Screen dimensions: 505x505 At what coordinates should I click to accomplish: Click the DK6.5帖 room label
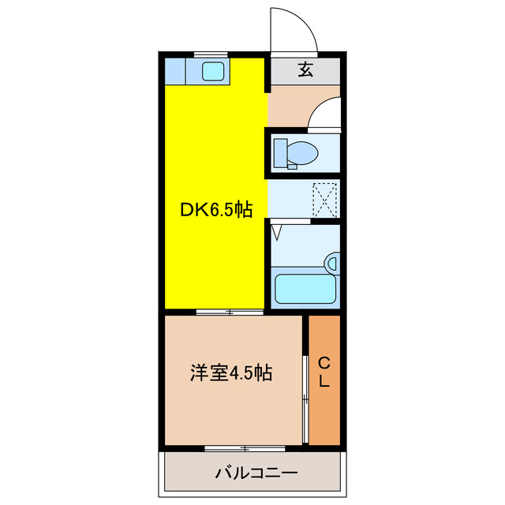click(x=216, y=210)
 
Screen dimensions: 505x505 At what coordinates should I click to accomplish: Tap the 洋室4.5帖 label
click(x=230, y=373)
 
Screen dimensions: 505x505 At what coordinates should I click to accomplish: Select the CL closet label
click(x=324, y=372)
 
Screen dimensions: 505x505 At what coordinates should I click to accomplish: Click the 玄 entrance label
click(x=305, y=69)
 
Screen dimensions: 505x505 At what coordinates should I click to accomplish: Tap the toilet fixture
click(x=299, y=151)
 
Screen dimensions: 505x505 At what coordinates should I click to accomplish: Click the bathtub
click(x=304, y=289)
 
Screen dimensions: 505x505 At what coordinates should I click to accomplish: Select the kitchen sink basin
click(x=213, y=71)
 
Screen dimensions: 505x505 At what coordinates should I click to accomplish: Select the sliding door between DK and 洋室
click(x=230, y=313)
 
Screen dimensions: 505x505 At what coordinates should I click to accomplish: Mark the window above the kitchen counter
click(x=210, y=54)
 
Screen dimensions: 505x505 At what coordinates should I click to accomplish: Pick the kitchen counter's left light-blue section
click(x=175, y=71)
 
